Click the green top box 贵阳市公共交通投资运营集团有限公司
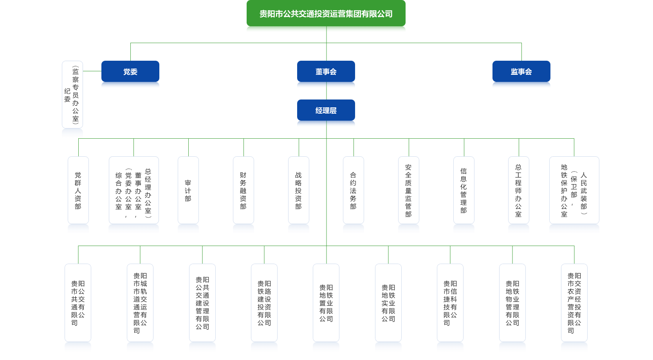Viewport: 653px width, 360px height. pyautogui.click(x=326, y=14)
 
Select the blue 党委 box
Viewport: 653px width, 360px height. pyautogui.click(x=130, y=72)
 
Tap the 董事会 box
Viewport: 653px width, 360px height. pyautogui.click(x=326, y=72)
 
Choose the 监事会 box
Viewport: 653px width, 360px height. pyautogui.click(x=521, y=72)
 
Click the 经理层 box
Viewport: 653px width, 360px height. pyautogui.click(x=326, y=110)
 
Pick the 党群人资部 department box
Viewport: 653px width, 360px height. pyautogui.click(x=78, y=190)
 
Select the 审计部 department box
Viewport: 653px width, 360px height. pyautogui.click(x=188, y=190)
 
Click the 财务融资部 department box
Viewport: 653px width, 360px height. pyautogui.click(x=244, y=190)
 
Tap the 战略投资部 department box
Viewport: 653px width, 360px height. pyautogui.click(x=299, y=190)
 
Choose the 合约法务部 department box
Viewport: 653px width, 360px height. pyautogui.click(x=354, y=190)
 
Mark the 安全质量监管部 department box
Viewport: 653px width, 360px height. pyautogui.click(x=409, y=190)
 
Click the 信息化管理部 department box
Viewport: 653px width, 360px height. pyautogui.click(x=464, y=190)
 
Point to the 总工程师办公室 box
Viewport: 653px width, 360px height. pyautogui.click(x=519, y=190)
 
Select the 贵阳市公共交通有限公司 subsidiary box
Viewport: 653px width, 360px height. pyautogui.click(x=78, y=303)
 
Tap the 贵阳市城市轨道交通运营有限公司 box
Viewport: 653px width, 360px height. pyautogui.click(x=140, y=303)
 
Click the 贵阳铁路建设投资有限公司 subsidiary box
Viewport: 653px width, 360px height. pyautogui.click(x=264, y=303)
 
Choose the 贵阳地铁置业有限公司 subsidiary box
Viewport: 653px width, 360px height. pyautogui.click(x=326, y=303)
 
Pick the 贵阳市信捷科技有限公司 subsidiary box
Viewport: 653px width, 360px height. pyautogui.click(x=450, y=303)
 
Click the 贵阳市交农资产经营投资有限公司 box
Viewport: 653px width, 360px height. pyautogui.click(x=574, y=303)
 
